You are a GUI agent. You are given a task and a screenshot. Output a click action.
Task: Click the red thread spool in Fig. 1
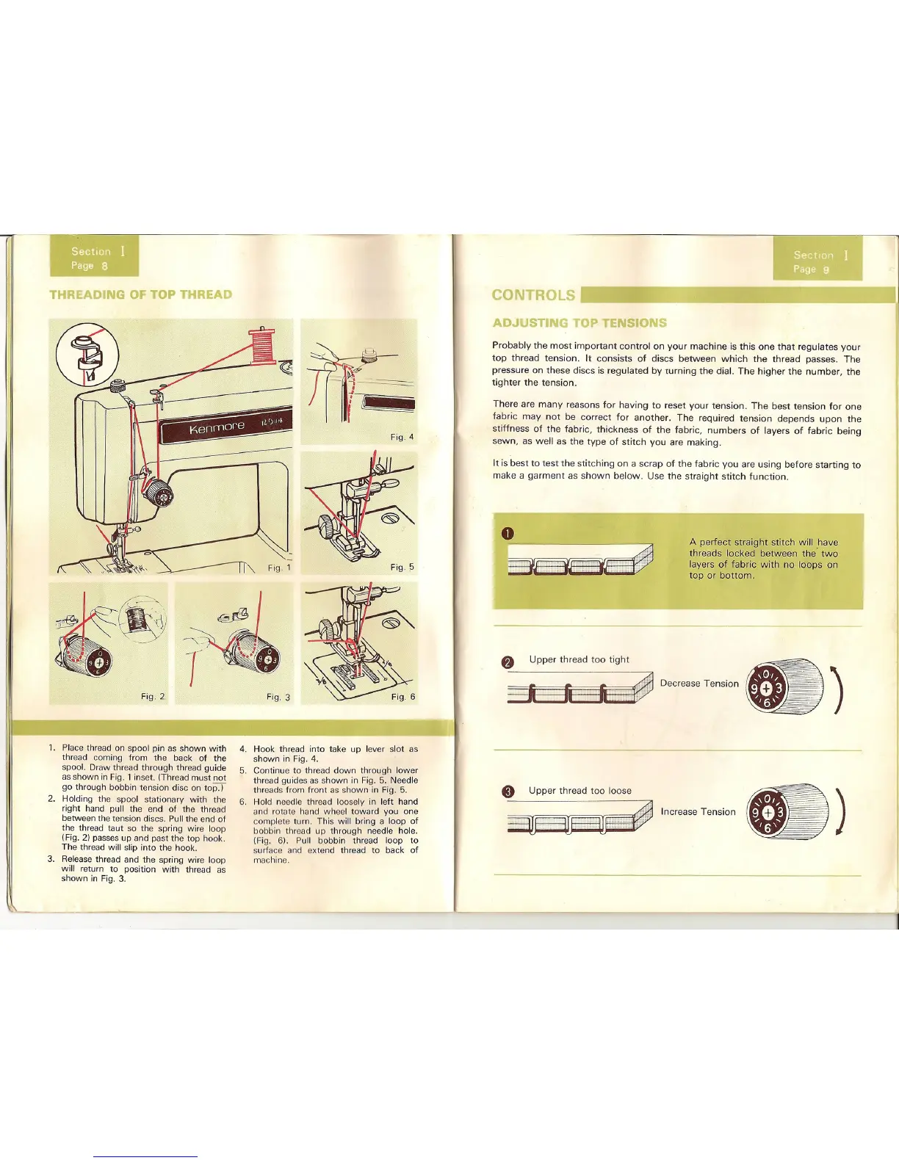[x=262, y=346]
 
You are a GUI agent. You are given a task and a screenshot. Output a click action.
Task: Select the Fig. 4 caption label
[x=402, y=437]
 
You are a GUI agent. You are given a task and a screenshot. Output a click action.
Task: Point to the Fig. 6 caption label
[x=402, y=697]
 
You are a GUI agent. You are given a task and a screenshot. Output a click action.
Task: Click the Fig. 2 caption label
[x=153, y=697]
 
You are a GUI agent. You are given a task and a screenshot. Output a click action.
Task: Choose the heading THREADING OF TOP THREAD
[x=140, y=294]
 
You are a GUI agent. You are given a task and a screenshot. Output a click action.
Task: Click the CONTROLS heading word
[x=533, y=295]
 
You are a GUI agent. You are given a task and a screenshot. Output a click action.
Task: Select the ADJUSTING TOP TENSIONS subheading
[x=580, y=323]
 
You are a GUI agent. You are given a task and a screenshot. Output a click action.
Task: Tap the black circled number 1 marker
[x=507, y=534]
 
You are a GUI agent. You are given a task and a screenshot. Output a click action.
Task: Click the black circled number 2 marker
[x=507, y=662]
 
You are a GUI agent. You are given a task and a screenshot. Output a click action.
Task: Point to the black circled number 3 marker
[x=507, y=792]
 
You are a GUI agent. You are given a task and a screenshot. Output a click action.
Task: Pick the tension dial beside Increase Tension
[x=786, y=812]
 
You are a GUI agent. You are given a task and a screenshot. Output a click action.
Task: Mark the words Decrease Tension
[x=699, y=684]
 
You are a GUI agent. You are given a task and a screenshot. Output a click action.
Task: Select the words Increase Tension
[x=698, y=812]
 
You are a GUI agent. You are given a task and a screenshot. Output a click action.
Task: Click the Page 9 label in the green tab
[x=811, y=269]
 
